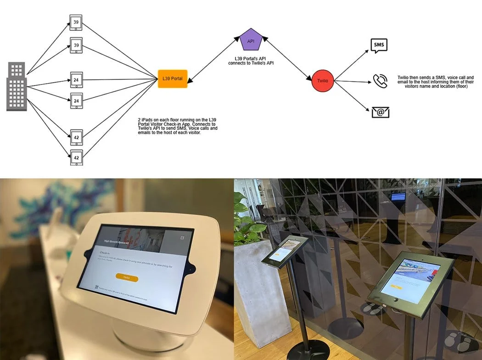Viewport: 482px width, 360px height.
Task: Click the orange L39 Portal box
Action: point(173,79)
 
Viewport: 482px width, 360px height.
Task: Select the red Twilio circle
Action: point(323,81)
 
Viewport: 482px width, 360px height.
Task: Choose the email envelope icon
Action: point(381,112)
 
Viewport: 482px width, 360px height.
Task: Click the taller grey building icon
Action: point(17,94)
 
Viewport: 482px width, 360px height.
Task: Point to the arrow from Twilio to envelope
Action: point(351,97)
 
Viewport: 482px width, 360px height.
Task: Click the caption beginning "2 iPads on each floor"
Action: point(178,125)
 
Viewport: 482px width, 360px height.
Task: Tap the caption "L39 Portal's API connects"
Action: point(252,61)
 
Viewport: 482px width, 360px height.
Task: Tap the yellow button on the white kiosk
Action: point(127,277)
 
